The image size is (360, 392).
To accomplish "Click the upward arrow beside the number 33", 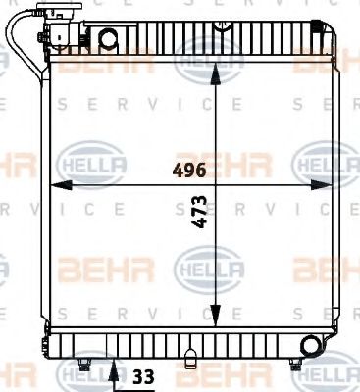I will pos(116,370).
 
